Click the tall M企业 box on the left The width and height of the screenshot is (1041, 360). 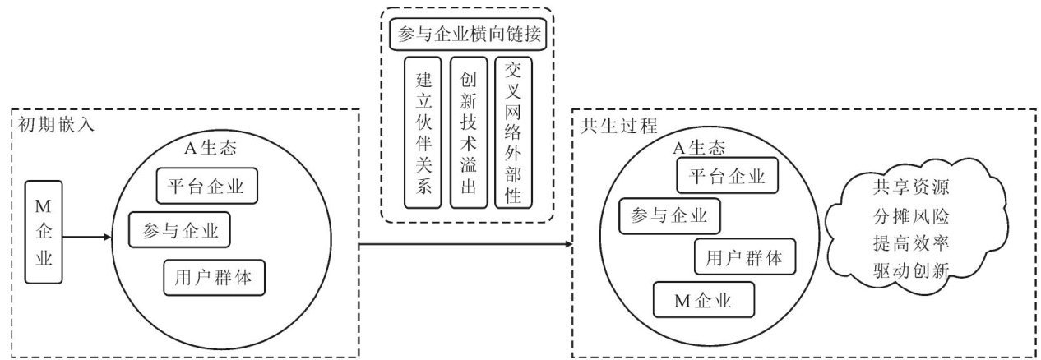coord(44,232)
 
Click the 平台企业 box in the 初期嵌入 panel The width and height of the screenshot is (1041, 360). coord(206,186)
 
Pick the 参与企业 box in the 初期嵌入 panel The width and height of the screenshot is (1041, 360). coord(179,229)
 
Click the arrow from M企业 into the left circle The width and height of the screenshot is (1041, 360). coord(87,238)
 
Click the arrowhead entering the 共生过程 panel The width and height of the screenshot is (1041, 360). coord(567,244)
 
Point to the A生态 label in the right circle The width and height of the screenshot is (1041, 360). coord(698,148)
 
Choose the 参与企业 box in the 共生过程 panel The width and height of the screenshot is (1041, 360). coord(670,216)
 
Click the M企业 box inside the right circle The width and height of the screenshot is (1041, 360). coord(703,299)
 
